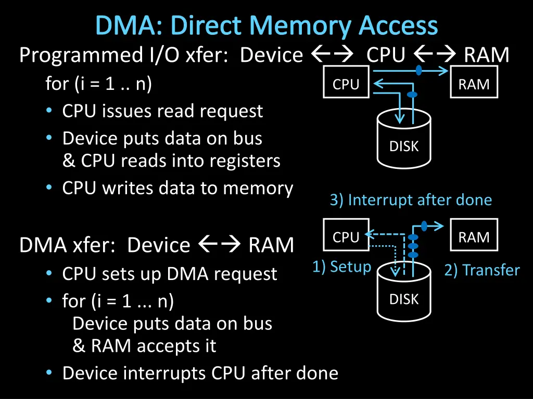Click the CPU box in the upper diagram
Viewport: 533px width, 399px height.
point(346,84)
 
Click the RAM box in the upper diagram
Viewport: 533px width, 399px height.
point(474,84)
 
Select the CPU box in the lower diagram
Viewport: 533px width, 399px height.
point(346,237)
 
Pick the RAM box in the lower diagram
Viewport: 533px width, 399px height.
point(474,237)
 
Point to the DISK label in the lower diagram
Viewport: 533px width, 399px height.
point(404,299)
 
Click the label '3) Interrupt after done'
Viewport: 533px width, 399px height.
point(411,200)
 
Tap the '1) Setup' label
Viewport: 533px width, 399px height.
point(342,267)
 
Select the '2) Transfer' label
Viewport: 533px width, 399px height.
point(481,270)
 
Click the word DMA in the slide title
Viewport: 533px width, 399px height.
point(128,26)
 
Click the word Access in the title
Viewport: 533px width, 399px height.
point(398,26)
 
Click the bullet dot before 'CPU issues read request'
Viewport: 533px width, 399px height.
point(48,111)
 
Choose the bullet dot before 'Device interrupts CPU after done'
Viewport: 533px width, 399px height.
point(48,373)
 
